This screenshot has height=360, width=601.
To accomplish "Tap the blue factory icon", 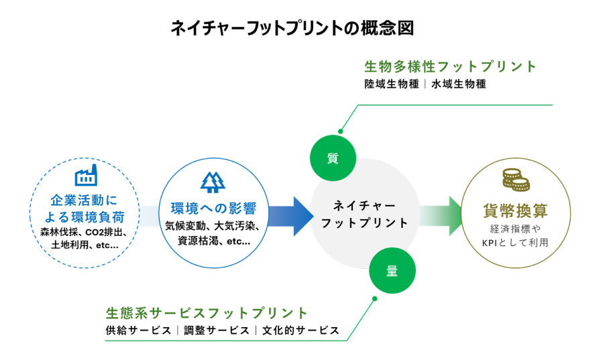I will pyautogui.click(x=85, y=176).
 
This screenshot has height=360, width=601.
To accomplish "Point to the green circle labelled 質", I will pyautogui.click(x=332, y=159).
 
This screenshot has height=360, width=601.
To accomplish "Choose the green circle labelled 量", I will pyautogui.click(x=392, y=271).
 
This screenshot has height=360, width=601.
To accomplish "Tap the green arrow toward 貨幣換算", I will pyautogui.click(x=441, y=216).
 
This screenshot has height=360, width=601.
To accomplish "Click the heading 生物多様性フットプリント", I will pyautogui.click(x=451, y=67).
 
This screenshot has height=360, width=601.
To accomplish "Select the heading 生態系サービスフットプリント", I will pyautogui.click(x=207, y=313).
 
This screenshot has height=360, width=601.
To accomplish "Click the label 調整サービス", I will pyautogui.click(x=214, y=331).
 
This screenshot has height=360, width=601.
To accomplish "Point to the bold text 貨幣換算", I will pyautogui.click(x=516, y=211).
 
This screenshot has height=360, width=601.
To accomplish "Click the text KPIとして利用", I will pyautogui.click(x=516, y=243).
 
